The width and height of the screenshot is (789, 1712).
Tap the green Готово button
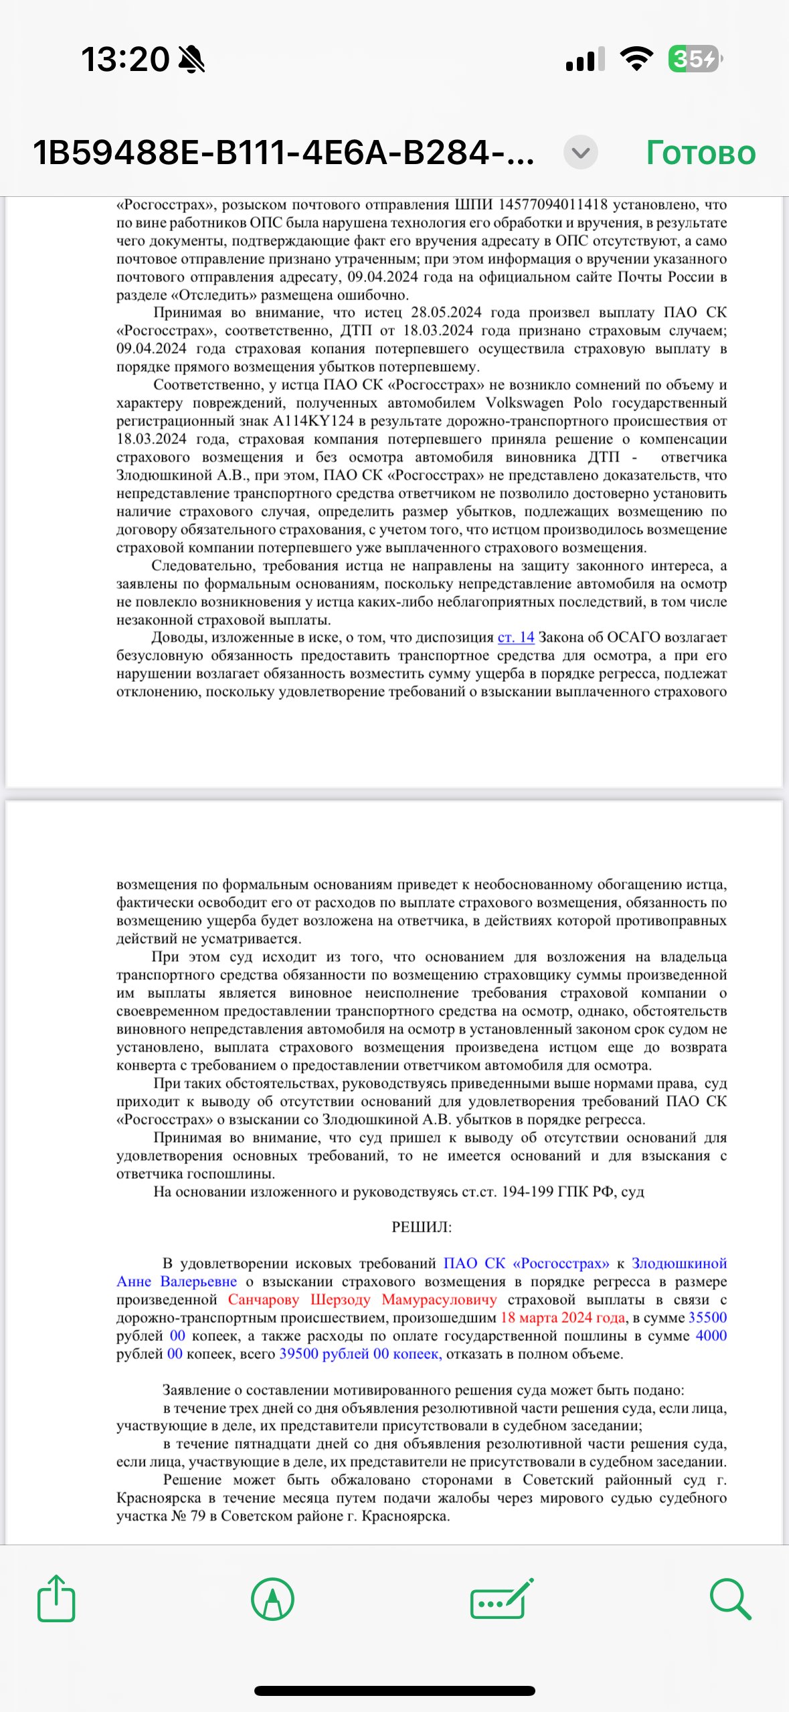(700, 153)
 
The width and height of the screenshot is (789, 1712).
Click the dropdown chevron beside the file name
(580, 153)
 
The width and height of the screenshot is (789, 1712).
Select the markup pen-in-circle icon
(272, 1599)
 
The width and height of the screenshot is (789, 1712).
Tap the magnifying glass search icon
(730, 1599)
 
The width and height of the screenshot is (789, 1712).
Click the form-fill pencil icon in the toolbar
(502, 1599)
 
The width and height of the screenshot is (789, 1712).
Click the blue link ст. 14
(515, 637)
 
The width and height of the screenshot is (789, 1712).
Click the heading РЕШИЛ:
(422, 1227)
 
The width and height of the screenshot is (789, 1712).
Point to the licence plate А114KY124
(313, 421)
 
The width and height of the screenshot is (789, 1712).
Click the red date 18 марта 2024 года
(563, 1317)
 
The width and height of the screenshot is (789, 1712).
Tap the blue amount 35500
(707, 1317)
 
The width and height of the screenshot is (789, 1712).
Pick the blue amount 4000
(711, 1336)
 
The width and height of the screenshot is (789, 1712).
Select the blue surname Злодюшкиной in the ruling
(679, 1263)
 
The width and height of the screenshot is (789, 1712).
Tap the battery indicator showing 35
(695, 59)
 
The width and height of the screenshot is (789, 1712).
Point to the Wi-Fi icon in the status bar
(636, 59)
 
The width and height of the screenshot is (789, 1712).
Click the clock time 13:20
(125, 59)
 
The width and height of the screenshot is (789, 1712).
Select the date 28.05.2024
(446, 312)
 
